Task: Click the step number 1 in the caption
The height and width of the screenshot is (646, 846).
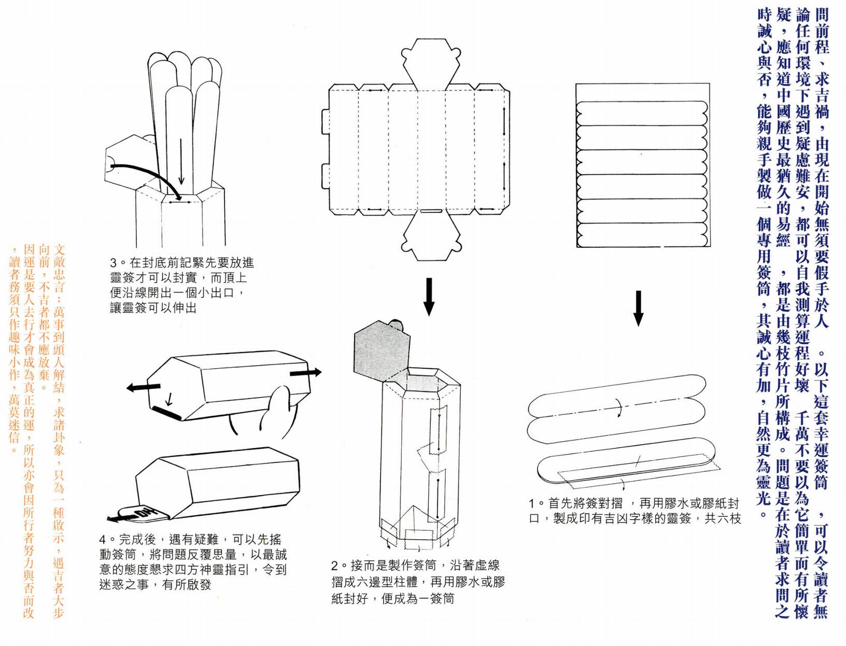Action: (x=532, y=503)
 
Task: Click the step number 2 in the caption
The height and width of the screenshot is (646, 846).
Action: (x=335, y=566)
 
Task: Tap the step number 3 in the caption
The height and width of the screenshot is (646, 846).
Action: (x=114, y=263)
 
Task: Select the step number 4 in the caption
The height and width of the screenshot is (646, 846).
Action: (x=103, y=540)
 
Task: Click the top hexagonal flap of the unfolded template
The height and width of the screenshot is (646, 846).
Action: (x=430, y=65)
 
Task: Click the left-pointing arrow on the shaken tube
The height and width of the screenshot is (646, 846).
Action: (x=143, y=387)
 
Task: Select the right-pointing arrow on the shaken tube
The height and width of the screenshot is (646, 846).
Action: (x=305, y=372)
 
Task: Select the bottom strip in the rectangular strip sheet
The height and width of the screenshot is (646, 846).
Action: (x=642, y=236)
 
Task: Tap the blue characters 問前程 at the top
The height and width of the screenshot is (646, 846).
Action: (x=822, y=31)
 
